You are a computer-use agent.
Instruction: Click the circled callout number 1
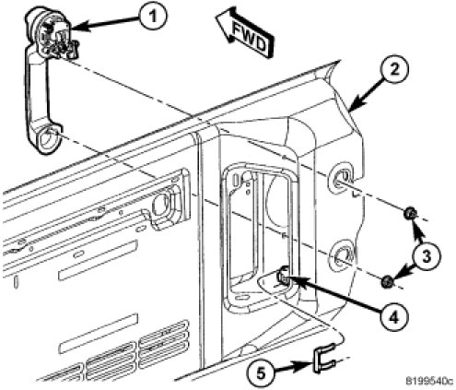(153, 16)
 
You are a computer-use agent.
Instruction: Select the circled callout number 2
(394, 70)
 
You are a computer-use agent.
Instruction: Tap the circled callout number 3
(427, 256)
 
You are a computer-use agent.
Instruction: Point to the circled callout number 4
(393, 316)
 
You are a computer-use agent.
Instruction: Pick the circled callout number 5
(261, 372)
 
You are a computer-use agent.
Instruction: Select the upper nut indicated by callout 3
(411, 214)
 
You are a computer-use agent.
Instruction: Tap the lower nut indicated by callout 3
(387, 281)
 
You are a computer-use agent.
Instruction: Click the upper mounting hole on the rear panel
(342, 178)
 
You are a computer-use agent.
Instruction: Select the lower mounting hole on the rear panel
(342, 254)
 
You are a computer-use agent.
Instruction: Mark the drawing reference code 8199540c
(429, 381)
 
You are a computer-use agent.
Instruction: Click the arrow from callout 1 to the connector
(105, 23)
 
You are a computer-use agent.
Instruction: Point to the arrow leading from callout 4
(334, 295)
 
